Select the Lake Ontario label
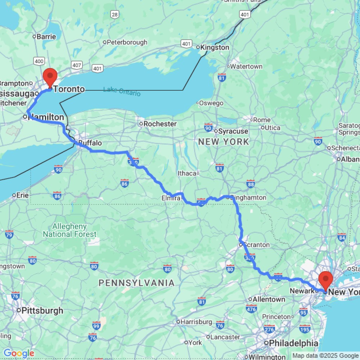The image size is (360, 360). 122,91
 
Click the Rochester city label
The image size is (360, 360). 160,124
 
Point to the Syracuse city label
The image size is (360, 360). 233,131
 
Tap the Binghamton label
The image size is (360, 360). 248,198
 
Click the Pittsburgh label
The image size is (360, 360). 42,310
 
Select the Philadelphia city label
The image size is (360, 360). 292,343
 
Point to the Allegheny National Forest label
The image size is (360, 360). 70,230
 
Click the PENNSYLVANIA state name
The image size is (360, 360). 137,283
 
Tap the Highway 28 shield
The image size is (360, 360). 114,14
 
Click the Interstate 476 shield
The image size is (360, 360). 251,309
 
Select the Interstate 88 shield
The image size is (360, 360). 251,184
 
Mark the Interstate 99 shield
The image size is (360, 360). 96,325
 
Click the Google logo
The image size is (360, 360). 19,354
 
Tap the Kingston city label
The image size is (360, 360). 215,48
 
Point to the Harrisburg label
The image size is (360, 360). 196,321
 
